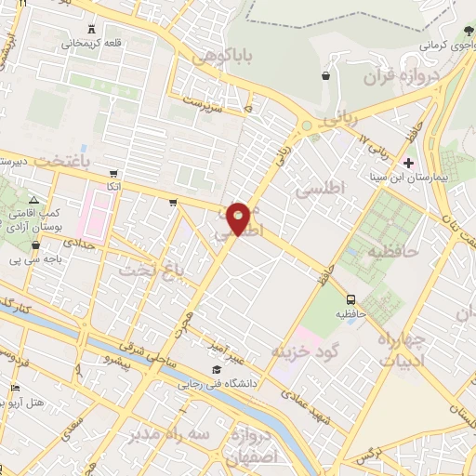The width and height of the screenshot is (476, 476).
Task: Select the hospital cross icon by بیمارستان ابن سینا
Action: (408, 163)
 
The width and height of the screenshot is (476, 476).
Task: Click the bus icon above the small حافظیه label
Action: (351, 299)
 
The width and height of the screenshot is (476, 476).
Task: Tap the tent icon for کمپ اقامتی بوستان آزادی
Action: (34, 200)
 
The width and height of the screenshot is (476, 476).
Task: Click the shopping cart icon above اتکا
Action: (112, 173)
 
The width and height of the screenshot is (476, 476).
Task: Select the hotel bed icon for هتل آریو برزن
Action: (14, 389)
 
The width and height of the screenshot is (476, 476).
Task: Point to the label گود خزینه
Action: (302, 350)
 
